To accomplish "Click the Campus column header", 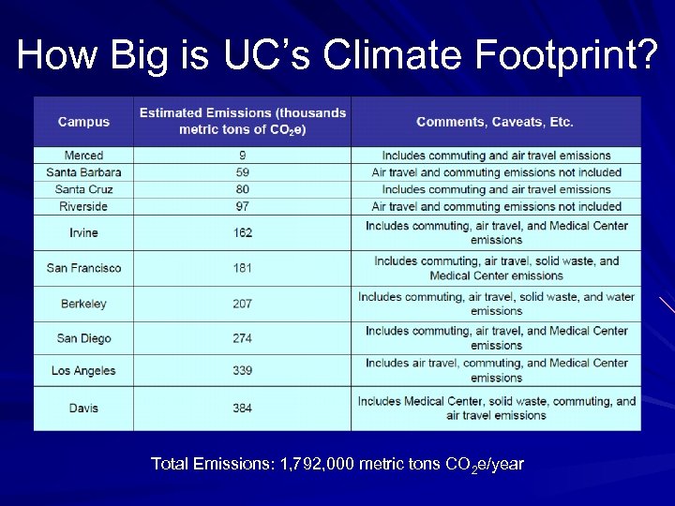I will coord(83,121).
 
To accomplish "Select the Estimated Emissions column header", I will coord(243,121).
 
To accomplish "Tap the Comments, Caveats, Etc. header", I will coord(495,122).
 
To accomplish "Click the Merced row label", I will coord(83,156).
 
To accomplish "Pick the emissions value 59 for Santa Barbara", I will coord(243,172).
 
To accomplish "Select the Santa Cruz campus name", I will coord(83,189).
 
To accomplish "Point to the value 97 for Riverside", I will coord(243,206).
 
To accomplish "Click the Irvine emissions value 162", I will coord(243,232).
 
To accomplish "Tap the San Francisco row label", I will coord(83,268).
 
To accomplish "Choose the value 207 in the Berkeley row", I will coord(243,304).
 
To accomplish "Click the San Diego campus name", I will coord(83,338).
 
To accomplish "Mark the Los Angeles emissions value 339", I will coord(243,370).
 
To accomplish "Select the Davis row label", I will coord(83,408).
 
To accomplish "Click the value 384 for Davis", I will coord(243,408).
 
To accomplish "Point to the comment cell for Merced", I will coord(496,156).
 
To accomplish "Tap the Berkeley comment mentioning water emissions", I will coord(496,304).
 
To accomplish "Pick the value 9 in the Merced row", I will coord(243,156).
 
